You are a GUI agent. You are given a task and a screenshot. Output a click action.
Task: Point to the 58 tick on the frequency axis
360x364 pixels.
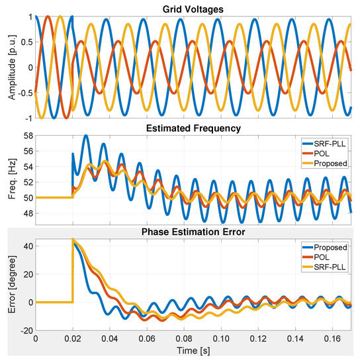(x=26, y=135)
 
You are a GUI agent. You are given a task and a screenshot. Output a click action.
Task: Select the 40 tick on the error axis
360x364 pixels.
(x=26, y=246)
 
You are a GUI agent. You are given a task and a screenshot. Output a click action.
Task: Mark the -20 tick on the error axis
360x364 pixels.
(x=24, y=330)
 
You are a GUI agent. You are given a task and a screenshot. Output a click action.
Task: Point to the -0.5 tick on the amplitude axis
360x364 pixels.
(x=22, y=93)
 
